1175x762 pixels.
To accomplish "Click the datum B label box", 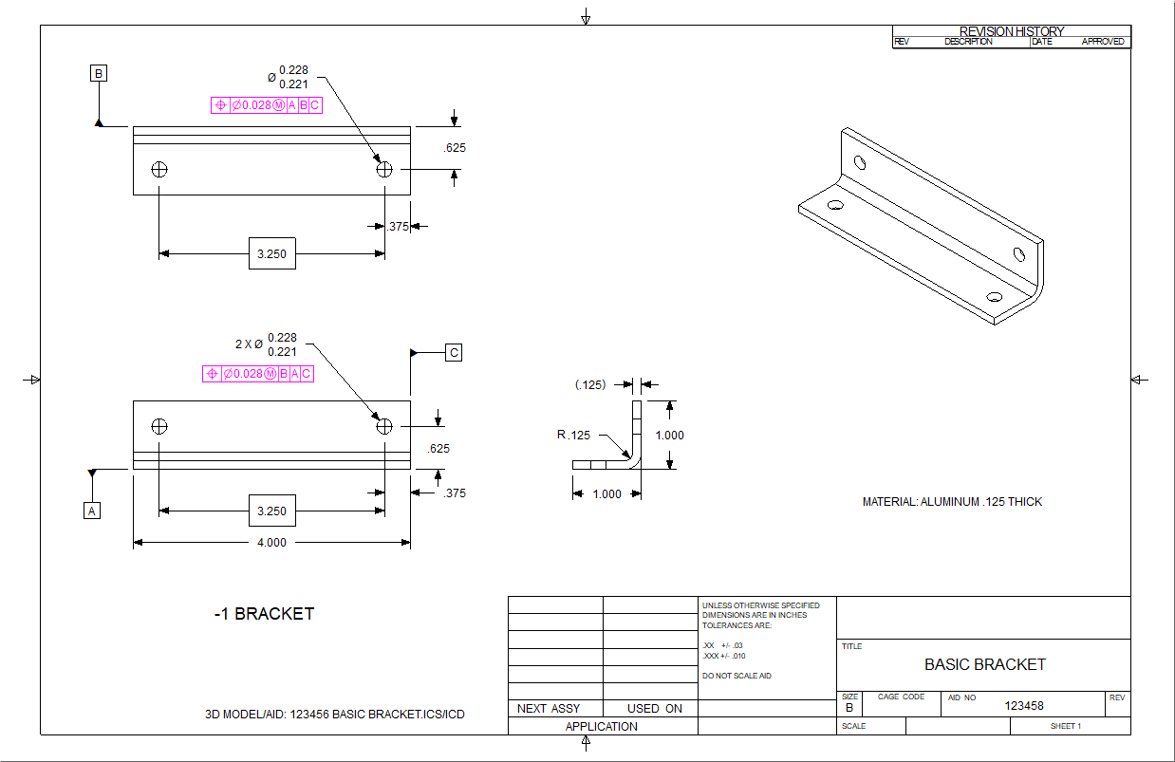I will tap(99, 73).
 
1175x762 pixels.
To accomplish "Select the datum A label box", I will tap(92, 511).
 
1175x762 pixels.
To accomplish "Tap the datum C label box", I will tap(455, 353).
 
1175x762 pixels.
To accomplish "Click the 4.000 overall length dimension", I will tap(271, 543).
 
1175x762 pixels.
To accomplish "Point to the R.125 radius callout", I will tap(574, 436).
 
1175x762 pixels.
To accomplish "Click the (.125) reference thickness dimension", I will tap(590, 384).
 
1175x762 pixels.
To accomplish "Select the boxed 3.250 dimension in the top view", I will tap(271, 253).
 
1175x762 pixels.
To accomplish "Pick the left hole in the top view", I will tap(159, 169).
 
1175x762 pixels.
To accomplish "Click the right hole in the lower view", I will tap(384, 426).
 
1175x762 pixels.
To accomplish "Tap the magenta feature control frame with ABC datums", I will tap(266, 105).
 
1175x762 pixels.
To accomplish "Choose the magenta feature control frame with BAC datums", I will tap(258, 374).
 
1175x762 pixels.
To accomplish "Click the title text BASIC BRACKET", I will tap(984, 664).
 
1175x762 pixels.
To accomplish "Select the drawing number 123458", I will tap(1024, 705).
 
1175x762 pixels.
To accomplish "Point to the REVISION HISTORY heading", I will tap(1012, 31).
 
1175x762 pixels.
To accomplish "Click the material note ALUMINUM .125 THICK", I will tap(952, 502).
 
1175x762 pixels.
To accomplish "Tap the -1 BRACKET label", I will tap(264, 614).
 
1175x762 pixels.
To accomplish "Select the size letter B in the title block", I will tap(849, 708).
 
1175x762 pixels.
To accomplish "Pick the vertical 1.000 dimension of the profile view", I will tap(669, 436).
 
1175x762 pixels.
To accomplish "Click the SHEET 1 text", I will tap(1066, 726).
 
